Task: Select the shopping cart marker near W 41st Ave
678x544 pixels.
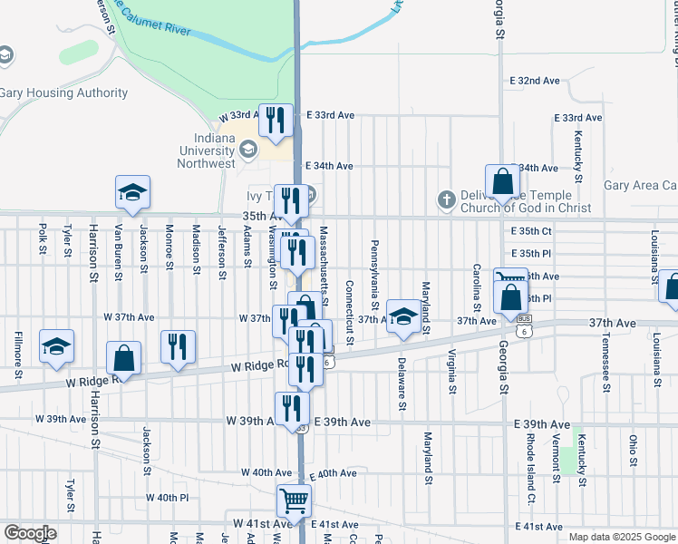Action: coord(294,500)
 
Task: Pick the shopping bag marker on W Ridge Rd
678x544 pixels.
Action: coord(123,358)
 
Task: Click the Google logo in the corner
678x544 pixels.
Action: coord(30,533)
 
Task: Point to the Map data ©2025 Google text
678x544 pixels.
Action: coord(622,537)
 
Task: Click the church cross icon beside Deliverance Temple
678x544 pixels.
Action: coord(445,199)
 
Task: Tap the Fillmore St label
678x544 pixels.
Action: coord(17,356)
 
